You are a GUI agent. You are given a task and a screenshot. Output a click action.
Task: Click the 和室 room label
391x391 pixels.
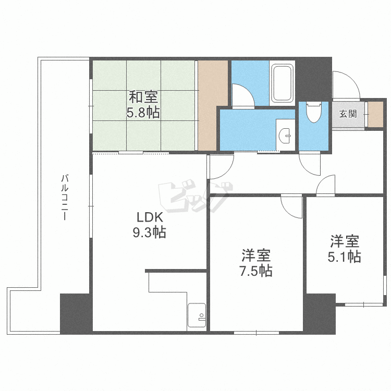(143, 97)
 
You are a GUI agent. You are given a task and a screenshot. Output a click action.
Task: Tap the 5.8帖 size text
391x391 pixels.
(143, 112)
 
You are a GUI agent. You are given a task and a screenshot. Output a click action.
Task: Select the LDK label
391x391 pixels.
(150, 217)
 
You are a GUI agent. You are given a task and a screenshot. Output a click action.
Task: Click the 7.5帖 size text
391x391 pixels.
(255, 271)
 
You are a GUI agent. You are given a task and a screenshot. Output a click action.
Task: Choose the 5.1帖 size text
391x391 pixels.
(344, 256)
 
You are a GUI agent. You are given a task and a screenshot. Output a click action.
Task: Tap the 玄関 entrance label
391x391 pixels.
(348, 114)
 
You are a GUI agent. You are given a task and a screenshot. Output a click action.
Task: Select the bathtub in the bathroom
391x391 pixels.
(283, 84)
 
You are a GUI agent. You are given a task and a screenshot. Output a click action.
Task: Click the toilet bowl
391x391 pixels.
(314, 112)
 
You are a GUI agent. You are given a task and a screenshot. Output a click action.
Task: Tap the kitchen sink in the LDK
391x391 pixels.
(197, 315)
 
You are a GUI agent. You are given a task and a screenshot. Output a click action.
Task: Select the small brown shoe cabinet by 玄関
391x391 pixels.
(375, 114)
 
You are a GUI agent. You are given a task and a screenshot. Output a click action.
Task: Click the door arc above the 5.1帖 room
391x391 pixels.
(325, 185)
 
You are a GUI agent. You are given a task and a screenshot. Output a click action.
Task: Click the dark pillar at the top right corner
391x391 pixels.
(314, 78)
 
